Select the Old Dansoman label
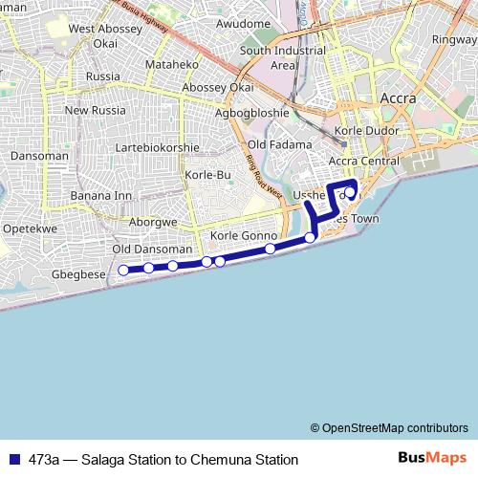click(146, 249)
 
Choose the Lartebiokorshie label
click(157, 148)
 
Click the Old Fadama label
click(280, 144)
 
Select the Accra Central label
click(363, 161)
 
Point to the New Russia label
click(96, 111)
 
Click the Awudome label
click(244, 23)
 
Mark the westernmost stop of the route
click(123, 271)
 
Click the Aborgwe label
click(153, 221)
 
